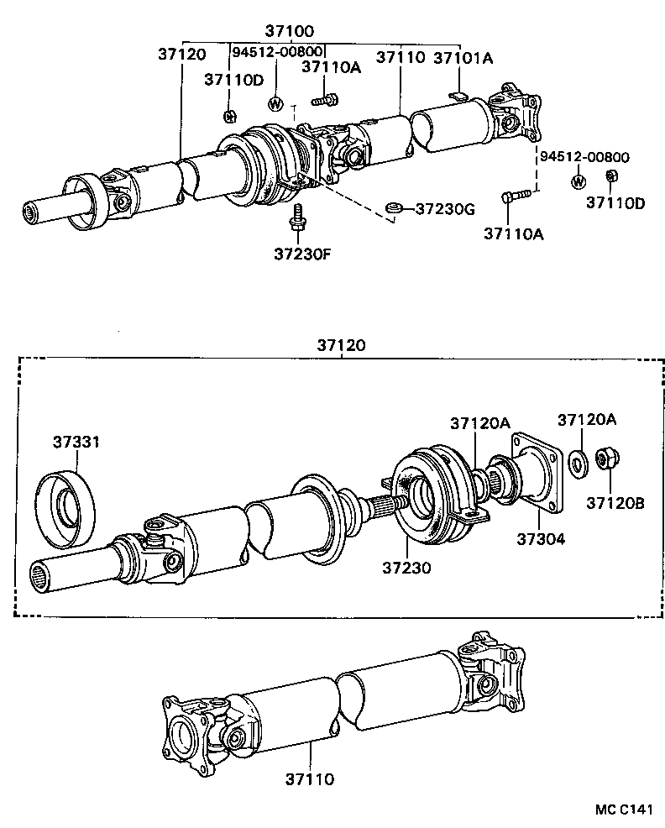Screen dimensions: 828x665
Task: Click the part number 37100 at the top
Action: (x=291, y=31)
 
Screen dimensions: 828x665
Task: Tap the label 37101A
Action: (x=463, y=58)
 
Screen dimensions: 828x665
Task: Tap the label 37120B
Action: (x=615, y=504)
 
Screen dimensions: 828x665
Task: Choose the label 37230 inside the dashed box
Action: (x=408, y=569)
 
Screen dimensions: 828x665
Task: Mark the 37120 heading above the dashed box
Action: (x=341, y=345)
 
